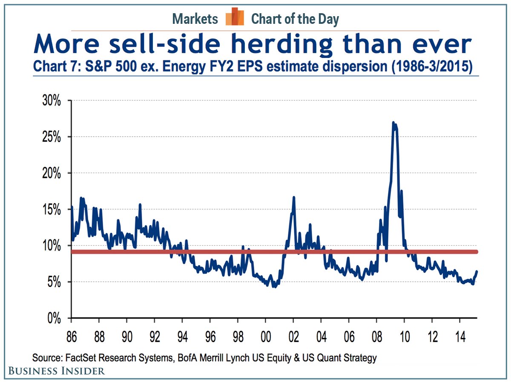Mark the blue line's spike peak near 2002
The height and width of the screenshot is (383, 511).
pyautogui.click(x=294, y=197)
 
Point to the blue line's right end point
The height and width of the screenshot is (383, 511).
pyautogui.click(x=477, y=272)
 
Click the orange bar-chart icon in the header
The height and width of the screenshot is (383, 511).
pyautogui.click(x=235, y=17)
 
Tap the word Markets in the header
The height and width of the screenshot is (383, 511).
pyautogui.click(x=195, y=19)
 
